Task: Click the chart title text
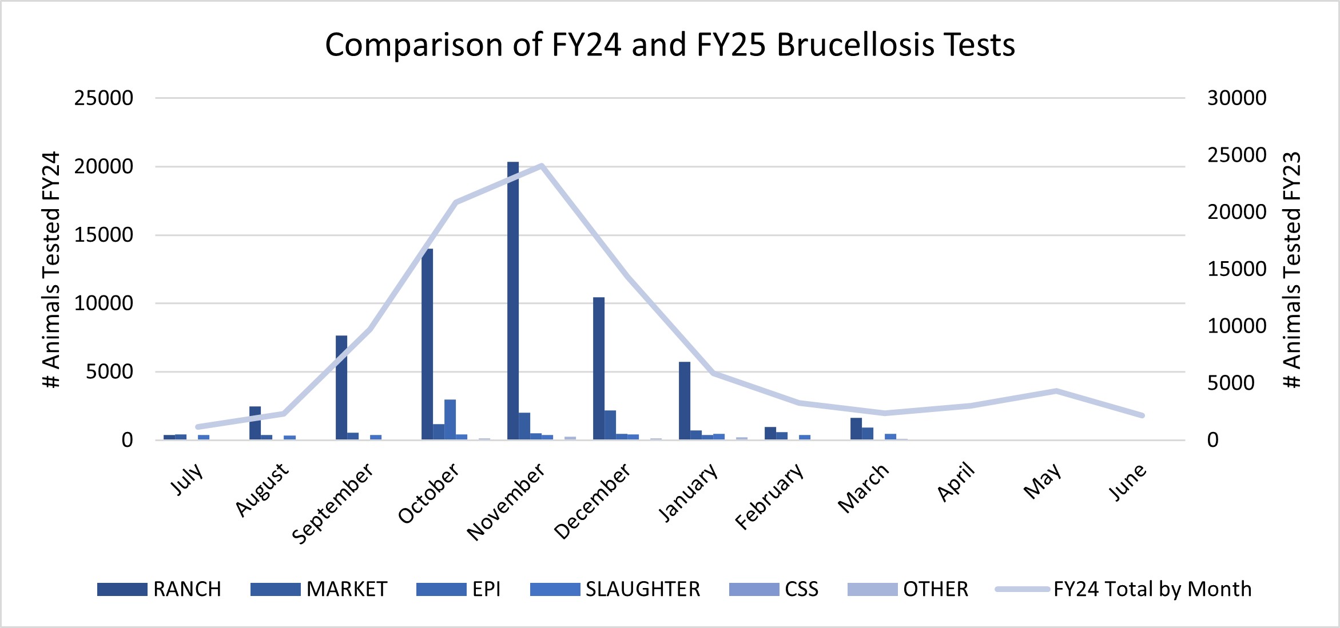pyautogui.click(x=670, y=45)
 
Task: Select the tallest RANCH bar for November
pyautogui.click(x=513, y=301)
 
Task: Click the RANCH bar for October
pyautogui.click(x=427, y=344)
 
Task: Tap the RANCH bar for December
pyautogui.click(x=599, y=369)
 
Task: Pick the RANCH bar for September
pyautogui.click(x=341, y=387)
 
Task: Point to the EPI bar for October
pyautogui.click(x=450, y=419)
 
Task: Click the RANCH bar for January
pyautogui.click(x=685, y=401)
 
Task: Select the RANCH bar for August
pyautogui.click(x=255, y=423)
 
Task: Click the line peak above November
pyautogui.click(x=541, y=166)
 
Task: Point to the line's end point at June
pyautogui.click(x=1142, y=415)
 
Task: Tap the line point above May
pyautogui.click(x=1056, y=391)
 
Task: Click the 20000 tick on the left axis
pyautogui.click(x=104, y=166)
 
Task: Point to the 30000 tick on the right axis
pyautogui.click(x=1236, y=98)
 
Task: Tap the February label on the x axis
pyautogui.click(x=770, y=496)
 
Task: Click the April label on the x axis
pyautogui.click(x=956, y=482)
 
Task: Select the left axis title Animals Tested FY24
pyautogui.click(x=51, y=269)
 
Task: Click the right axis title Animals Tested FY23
pyautogui.click(x=1292, y=269)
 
